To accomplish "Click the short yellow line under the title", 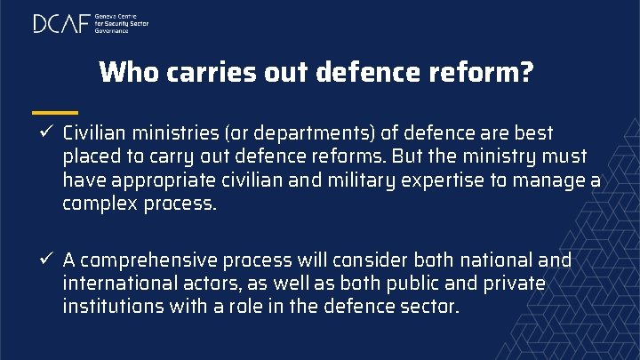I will click(x=54, y=112).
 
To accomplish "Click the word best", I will click(x=533, y=133).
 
